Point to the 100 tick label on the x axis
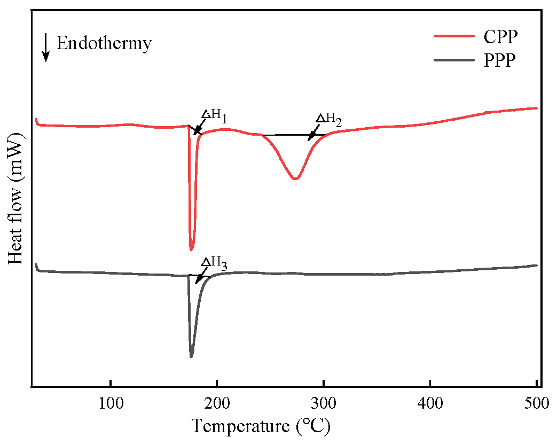(110, 403)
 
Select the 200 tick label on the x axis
(217, 403)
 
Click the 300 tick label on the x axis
(323, 403)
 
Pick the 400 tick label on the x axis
(430, 403)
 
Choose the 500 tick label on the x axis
(536, 403)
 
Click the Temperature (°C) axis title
(261, 426)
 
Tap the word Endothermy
(104, 43)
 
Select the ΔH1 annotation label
(214, 115)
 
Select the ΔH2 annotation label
(328, 119)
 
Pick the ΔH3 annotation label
(214, 262)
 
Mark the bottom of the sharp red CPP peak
(191, 249)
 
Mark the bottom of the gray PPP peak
(191, 356)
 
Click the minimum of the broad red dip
(295, 179)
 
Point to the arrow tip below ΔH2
(309, 140)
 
